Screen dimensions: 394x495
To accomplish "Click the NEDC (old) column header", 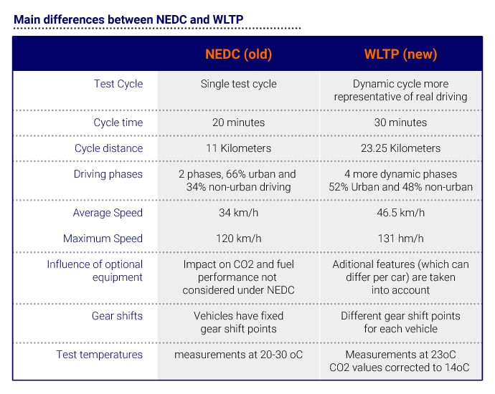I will point(238,54).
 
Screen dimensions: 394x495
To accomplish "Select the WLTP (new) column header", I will point(400,54).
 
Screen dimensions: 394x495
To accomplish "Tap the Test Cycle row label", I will point(118,84).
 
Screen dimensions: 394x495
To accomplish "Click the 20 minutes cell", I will point(238,122).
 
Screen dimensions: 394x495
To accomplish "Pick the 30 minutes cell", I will point(400,122).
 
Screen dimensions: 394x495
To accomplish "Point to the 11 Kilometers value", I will point(238,148).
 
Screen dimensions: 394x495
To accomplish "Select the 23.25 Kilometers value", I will point(400,148).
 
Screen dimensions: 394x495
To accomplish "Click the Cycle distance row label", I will point(108,148).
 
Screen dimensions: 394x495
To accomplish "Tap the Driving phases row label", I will point(108,174).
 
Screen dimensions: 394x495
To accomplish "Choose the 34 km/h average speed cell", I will point(238,213).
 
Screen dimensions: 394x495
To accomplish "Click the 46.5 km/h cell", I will point(400,213).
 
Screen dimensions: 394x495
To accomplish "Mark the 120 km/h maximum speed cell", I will point(238,239).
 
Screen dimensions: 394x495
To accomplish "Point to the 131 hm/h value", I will point(400,239).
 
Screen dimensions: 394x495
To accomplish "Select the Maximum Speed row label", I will point(103,239).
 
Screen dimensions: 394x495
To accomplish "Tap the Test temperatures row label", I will point(100,355).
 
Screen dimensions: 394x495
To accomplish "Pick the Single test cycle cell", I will point(238,84).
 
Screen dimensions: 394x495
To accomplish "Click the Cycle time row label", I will point(118,122).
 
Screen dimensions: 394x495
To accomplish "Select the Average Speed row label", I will point(108,213).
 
